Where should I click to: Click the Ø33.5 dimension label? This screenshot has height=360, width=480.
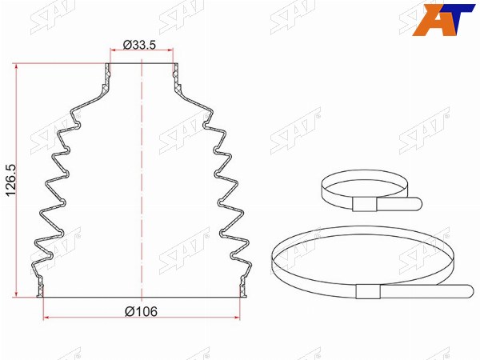[x=139, y=45]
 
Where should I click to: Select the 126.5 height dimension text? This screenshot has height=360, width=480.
[x=12, y=181]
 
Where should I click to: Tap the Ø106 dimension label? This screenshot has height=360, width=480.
[x=141, y=312]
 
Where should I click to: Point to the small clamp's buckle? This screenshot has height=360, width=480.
[x=365, y=204]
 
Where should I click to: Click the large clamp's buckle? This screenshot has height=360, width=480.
[x=368, y=291]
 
